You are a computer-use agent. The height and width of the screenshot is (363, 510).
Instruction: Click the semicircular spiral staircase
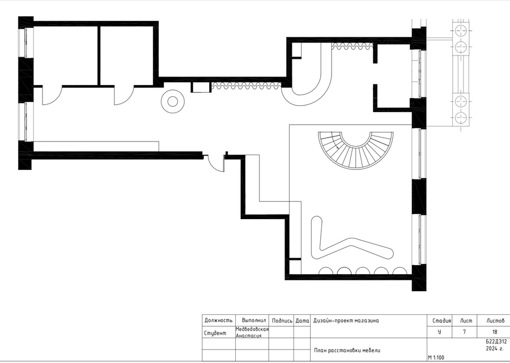click(356, 159)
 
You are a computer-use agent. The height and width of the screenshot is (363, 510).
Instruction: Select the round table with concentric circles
click(173, 101)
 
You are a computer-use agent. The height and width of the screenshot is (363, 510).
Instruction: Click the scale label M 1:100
click(436, 357)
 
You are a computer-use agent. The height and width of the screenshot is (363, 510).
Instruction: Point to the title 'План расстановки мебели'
click(347, 351)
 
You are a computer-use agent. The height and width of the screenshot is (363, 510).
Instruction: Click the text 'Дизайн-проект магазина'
click(346, 321)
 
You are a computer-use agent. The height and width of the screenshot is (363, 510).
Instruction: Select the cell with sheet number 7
click(464, 332)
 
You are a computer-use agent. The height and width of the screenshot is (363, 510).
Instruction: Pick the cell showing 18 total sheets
click(495, 332)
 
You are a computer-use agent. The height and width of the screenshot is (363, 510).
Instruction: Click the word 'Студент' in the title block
click(215, 333)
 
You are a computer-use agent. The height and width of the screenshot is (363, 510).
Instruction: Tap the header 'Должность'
click(218, 321)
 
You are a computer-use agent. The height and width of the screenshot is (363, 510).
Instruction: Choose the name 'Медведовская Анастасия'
click(252, 332)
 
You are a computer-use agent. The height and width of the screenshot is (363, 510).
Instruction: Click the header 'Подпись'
click(282, 321)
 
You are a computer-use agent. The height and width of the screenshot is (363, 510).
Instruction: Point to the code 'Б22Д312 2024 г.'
click(496, 345)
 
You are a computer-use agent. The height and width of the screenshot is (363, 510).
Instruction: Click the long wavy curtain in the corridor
click(246, 86)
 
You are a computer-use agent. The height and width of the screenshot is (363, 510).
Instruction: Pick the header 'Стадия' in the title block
click(441, 321)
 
